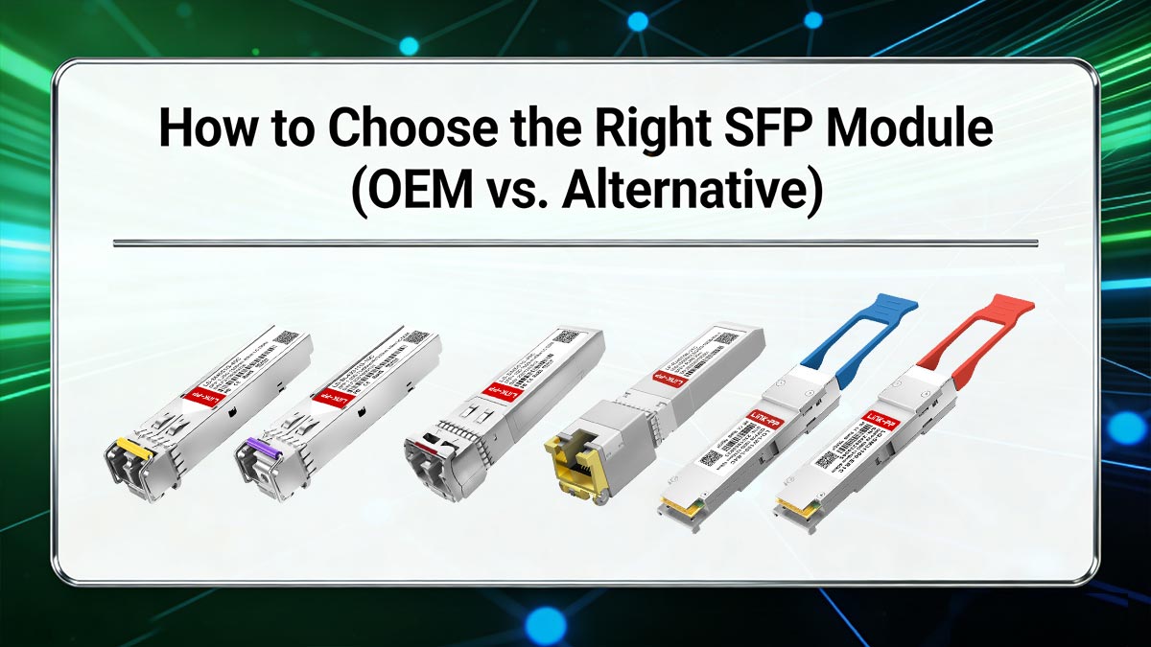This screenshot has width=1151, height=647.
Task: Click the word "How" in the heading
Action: click(x=196, y=128)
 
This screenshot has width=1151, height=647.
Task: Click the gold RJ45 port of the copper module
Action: click(x=575, y=466)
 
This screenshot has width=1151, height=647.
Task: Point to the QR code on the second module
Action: click(x=415, y=337)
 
